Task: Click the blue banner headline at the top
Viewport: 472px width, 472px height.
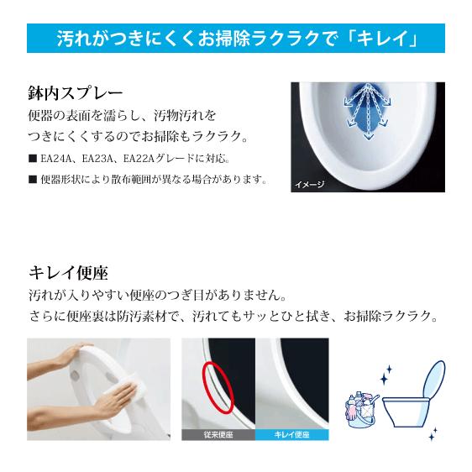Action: pyautogui.click(x=235, y=38)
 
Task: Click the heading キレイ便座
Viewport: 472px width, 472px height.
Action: pyautogui.click(x=68, y=272)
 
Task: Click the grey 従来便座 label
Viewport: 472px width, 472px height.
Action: pyautogui.click(x=218, y=435)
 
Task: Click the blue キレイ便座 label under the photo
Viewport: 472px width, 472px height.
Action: pyautogui.click(x=291, y=435)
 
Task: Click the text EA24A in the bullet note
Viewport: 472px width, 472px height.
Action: pyautogui.click(x=55, y=158)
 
